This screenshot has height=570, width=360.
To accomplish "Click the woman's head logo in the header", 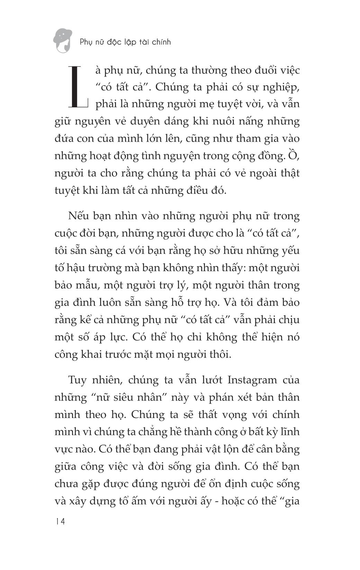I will click(63, 41).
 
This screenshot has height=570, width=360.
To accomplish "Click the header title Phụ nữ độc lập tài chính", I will click(125, 42).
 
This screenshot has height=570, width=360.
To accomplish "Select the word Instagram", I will click(252, 380).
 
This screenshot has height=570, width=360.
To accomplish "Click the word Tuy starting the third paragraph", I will click(78, 380).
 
